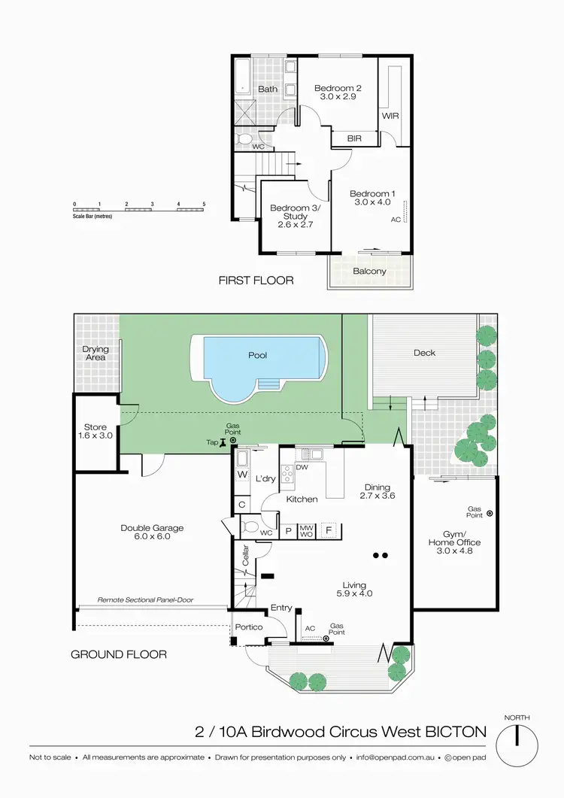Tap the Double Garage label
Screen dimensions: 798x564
click(152, 528)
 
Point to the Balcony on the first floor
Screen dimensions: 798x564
click(369, 272)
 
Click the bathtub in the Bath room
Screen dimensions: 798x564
click(242, 77)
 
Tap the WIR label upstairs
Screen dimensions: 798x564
click(390, 117)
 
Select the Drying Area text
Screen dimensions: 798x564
click(96, 353)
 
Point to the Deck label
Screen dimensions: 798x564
click(424, 353)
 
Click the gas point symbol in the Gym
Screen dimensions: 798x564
click(490, 514)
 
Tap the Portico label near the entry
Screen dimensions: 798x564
click(248, 627)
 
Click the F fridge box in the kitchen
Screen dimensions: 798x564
click(328, 529)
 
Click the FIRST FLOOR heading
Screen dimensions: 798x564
click(256, 281)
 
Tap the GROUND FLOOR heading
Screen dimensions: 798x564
click(119, 654)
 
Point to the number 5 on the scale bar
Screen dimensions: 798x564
click(204, 205)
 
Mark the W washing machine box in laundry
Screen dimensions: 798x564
click(242, 475)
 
